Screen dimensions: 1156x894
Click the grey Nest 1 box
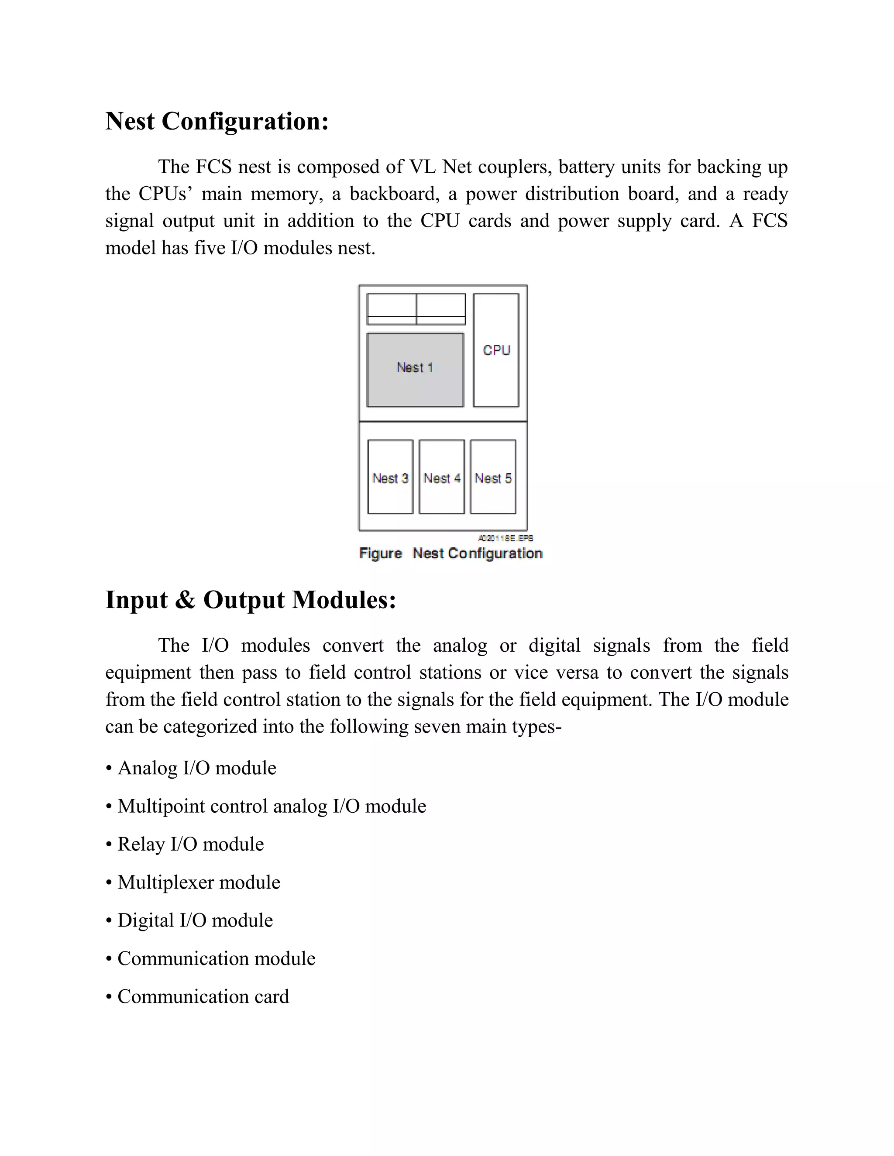coord(415,370)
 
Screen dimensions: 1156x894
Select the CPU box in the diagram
coord(496,350)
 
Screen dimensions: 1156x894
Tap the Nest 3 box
coord(390,477)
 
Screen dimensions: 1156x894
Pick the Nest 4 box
coord(442,477)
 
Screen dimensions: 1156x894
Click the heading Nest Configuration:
coord(217,121)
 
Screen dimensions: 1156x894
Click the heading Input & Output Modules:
coord(251,600)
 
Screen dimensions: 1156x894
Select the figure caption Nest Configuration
coord(450,553)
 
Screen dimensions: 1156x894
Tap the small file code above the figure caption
coord(506,538)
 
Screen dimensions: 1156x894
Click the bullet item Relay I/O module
coord(190,844)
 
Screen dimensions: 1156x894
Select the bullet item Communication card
coord(203,996)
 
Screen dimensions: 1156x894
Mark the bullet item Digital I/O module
coord(195,920)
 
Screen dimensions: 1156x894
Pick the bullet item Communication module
coord(216,958)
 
